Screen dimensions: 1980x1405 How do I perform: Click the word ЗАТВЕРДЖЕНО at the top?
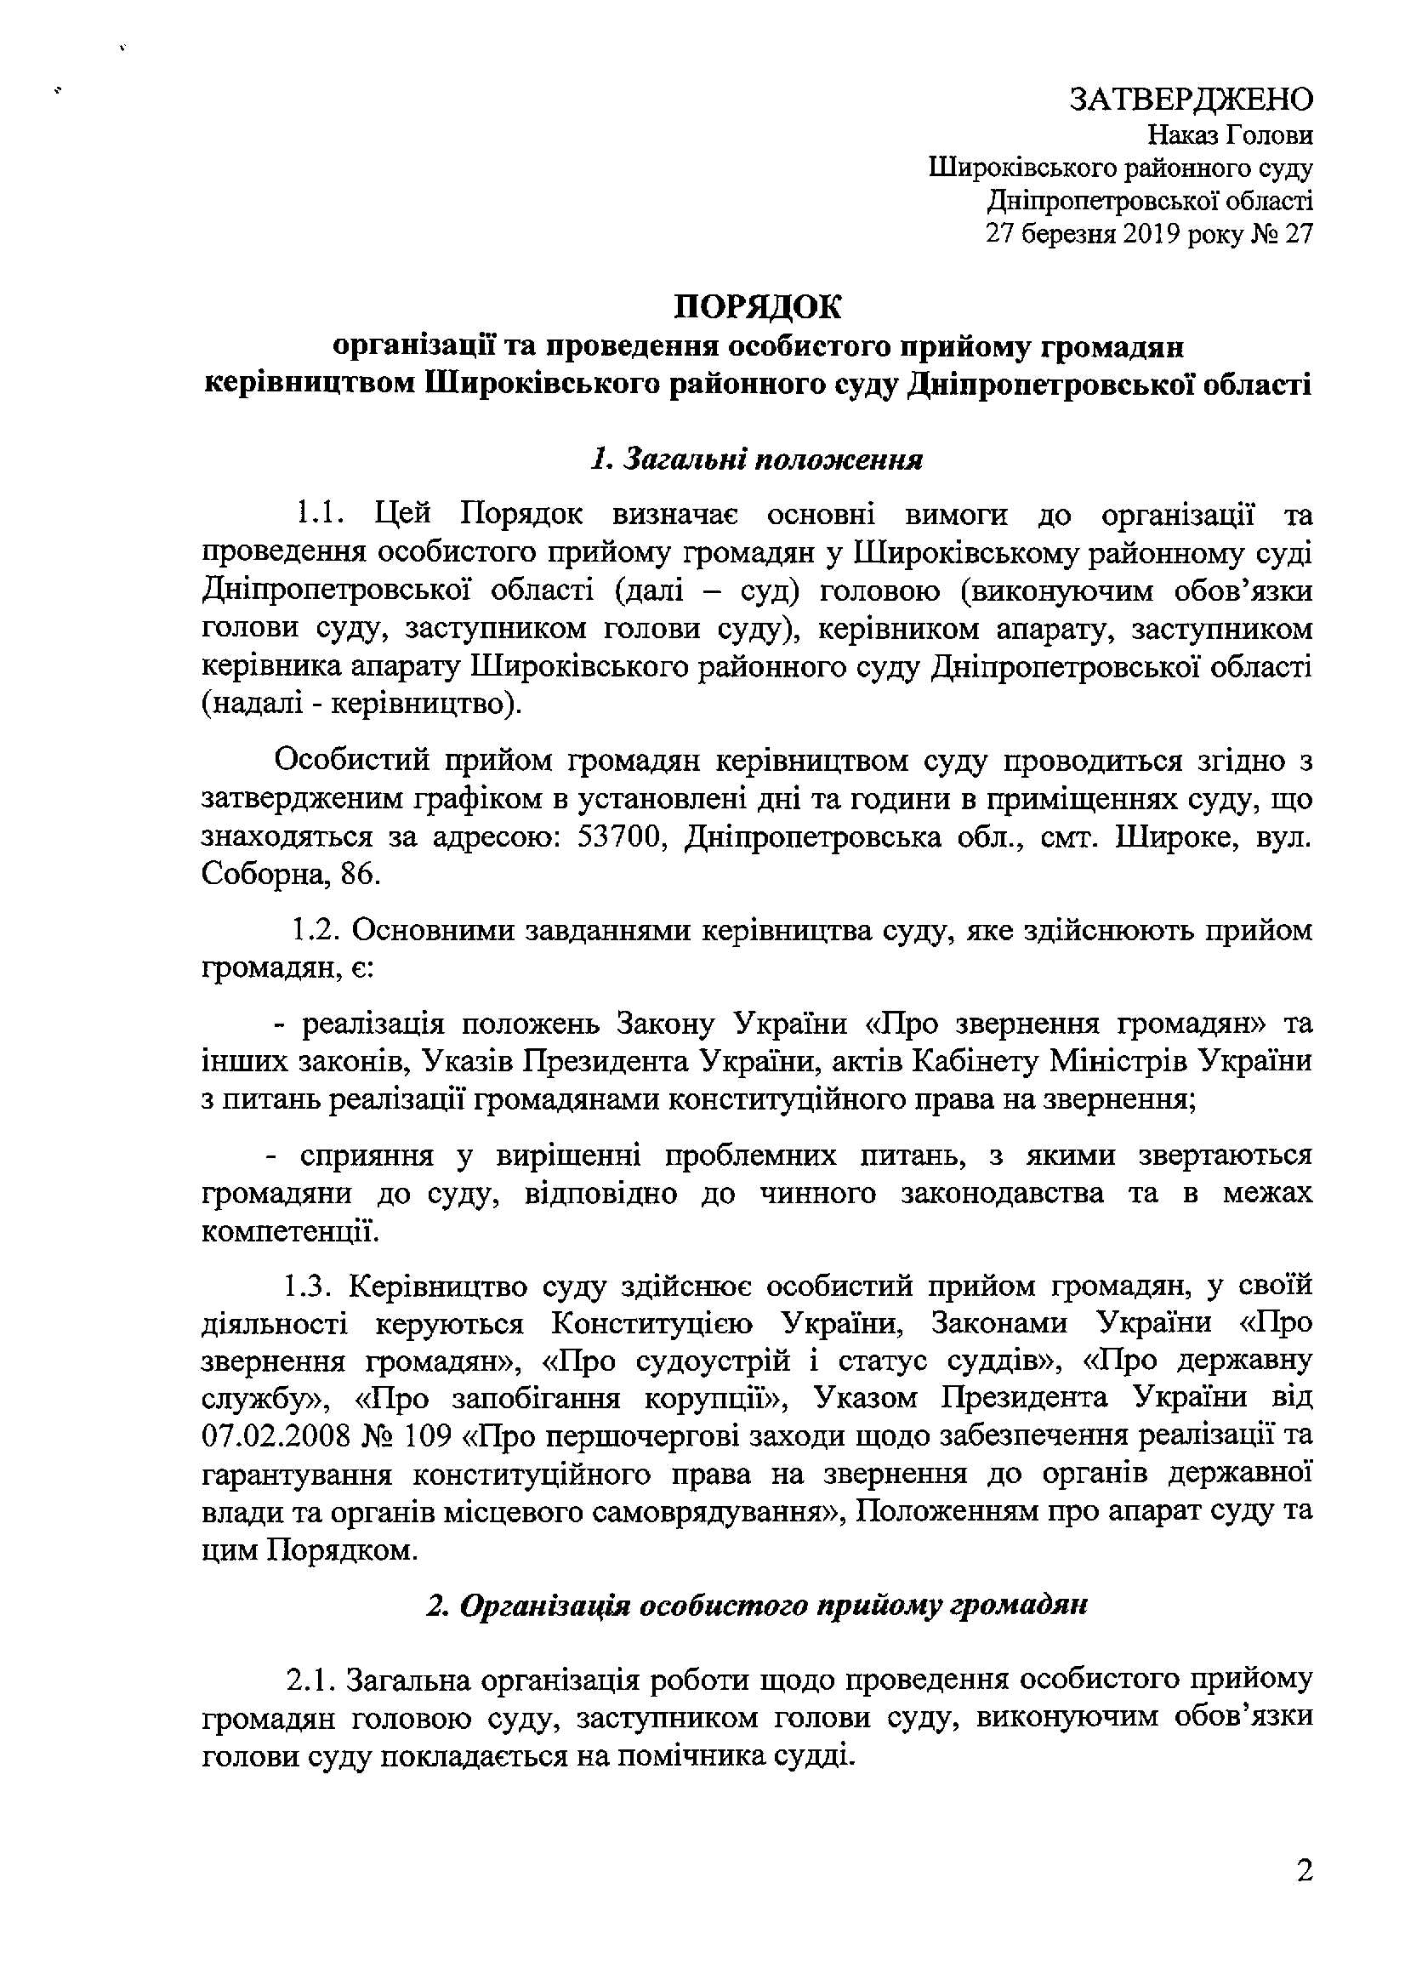[x=1192, y=100]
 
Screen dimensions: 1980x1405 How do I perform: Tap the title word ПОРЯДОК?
[x=757, y=307]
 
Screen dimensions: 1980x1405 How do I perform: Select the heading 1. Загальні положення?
[x=756, y=459]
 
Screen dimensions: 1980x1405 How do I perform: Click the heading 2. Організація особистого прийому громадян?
[x=756, y=1606]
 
